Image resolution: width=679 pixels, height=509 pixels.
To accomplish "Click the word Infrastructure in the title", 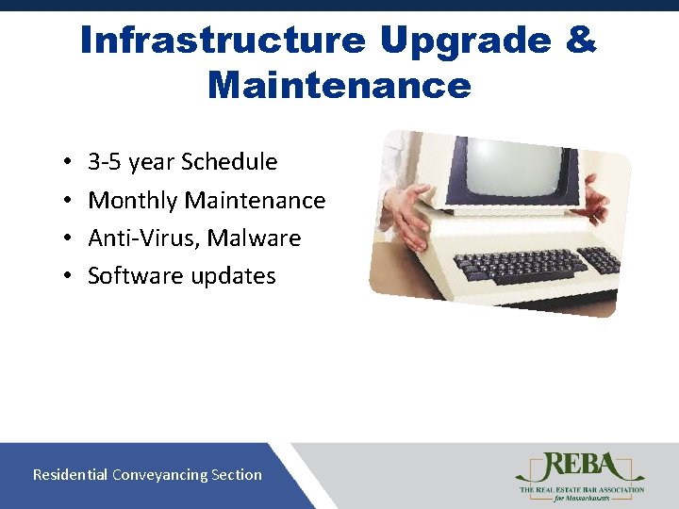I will click(x=222, y=41).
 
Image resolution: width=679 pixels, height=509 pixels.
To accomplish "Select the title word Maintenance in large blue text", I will click(x=339, y=86).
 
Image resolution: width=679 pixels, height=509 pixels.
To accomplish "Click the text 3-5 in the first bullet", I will click(x=105, y=162).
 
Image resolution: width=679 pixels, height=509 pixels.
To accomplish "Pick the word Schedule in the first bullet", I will click(x=229, y=162).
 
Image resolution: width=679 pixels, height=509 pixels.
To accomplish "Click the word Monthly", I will click(x=133, y=201).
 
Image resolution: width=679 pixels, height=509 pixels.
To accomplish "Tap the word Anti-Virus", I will click(x=143, y=238).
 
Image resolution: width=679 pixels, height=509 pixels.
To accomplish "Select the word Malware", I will click(x=254, y=238).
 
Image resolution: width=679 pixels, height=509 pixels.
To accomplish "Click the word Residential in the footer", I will click(x=71, y=475).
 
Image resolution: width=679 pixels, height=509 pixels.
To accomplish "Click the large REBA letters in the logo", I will click(x=578, y=467).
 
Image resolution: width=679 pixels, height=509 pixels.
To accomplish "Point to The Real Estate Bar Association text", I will click(x=580, y=489).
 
